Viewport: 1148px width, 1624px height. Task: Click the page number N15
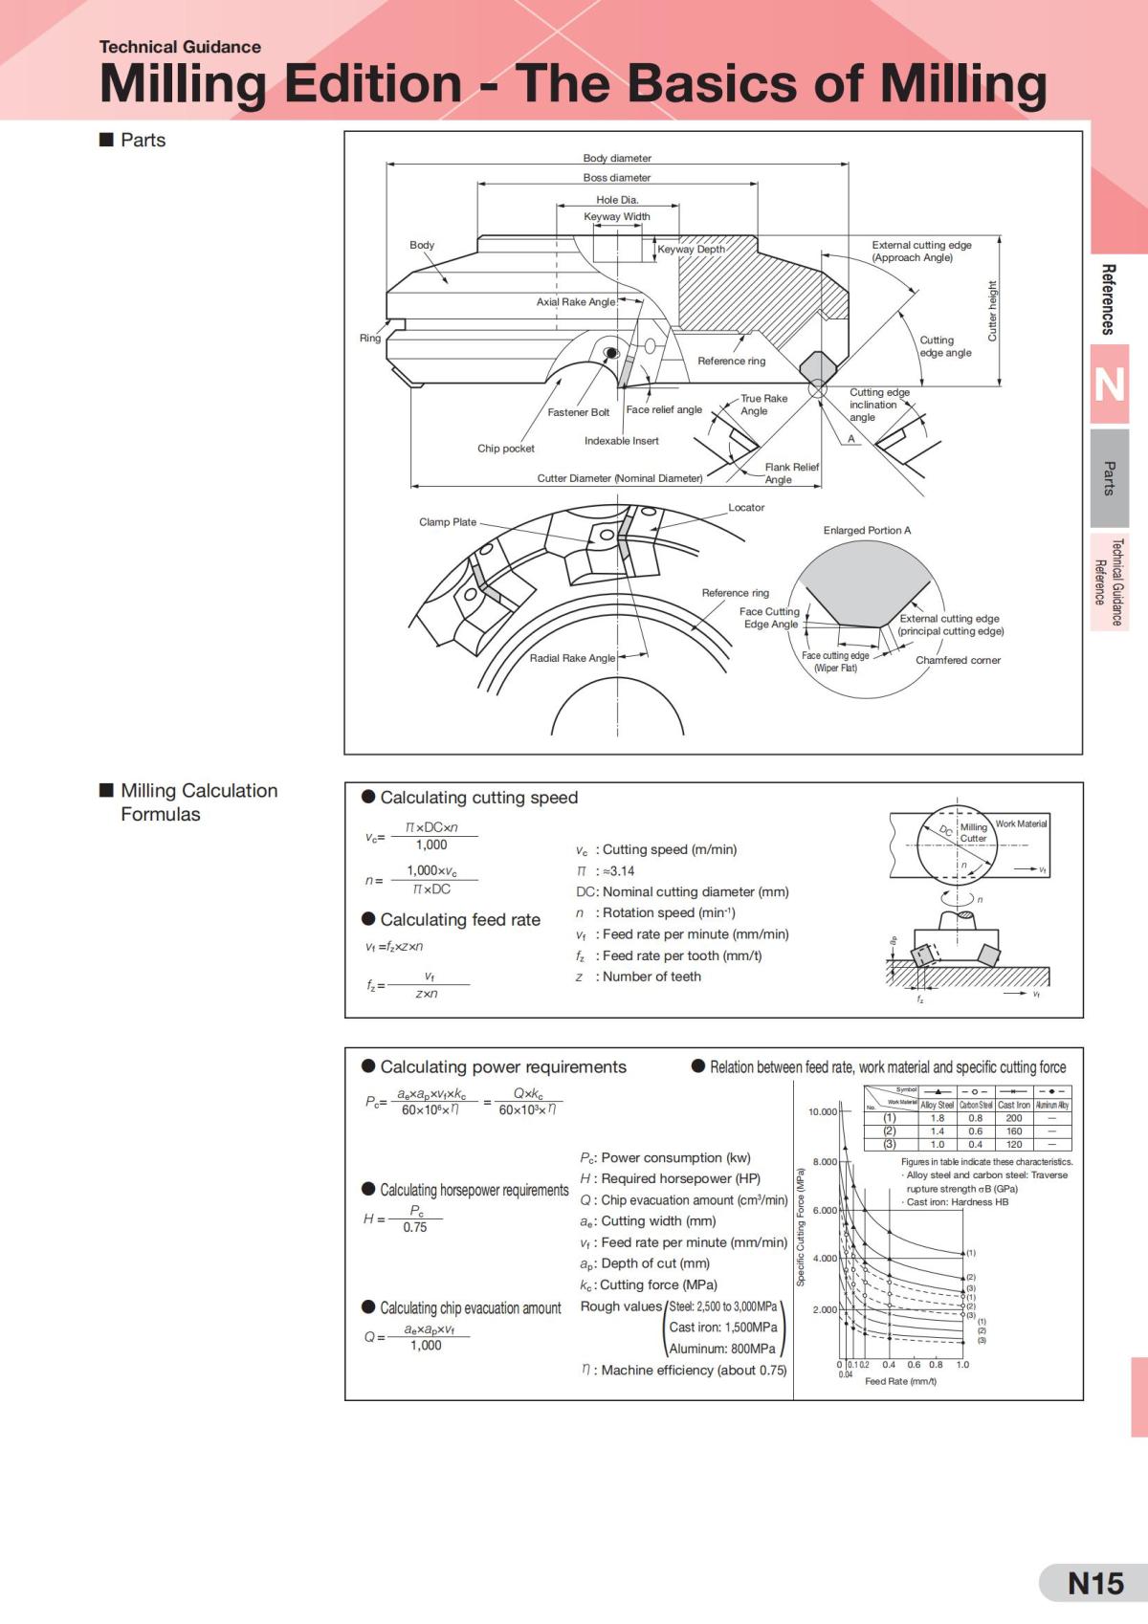click(1095, 1583)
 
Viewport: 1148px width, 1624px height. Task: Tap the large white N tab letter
click(1109, 384)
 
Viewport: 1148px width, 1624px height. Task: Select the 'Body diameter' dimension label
click(617, 158)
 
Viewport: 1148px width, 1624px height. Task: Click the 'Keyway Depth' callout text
click(691, 249)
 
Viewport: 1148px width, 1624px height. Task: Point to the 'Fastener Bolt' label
click(578, 412)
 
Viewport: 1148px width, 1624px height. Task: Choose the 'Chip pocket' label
click(506, 448)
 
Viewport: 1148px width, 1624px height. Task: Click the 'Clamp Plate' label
click(448, 521)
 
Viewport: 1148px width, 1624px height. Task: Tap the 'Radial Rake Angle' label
click(572, 658)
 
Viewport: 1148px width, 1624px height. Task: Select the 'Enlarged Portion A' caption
click(867, 530)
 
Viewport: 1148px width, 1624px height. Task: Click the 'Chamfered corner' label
click(958, 660)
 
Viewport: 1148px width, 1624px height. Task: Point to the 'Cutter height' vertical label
click(992, 311)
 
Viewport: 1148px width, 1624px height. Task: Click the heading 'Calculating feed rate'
click(460, 919)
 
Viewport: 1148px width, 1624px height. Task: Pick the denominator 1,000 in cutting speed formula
click(430, 845)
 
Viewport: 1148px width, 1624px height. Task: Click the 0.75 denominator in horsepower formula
click(415, 1227)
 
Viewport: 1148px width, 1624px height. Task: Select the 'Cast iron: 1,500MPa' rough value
click(722, 1327)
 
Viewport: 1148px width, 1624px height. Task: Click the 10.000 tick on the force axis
click(823, 1111)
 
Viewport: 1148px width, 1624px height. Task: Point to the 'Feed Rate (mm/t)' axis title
click(900, 1381)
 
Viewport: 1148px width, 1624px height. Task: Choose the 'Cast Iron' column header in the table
click(1014, 1105)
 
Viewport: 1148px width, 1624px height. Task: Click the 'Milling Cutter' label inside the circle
click(973, 832)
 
